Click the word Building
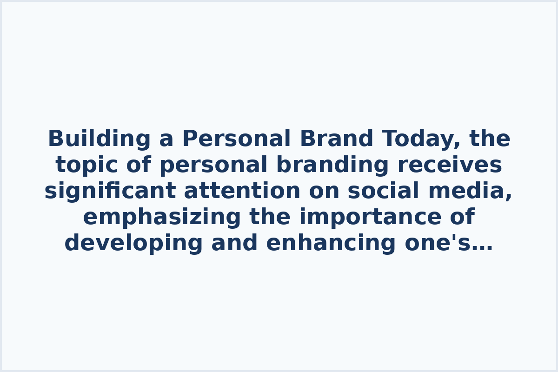coord(99,139)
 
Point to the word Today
coord(420,139)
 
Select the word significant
coord(110,192)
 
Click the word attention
coord(242,192)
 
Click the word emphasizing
coord(162,218)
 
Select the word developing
coord(133,244)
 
